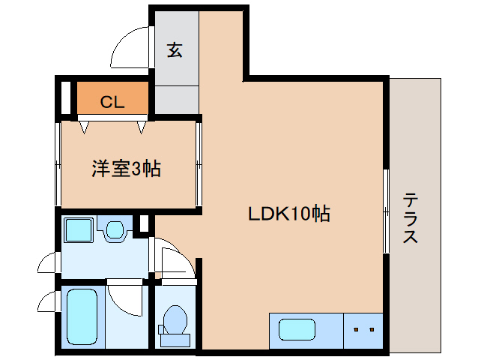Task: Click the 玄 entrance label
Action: tap(175, 50)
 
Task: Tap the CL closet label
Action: tap(112, 100)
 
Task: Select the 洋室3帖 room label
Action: tap(127, 168)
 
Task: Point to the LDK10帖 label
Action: tap(289, 214)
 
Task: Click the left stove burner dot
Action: tap(356, 328)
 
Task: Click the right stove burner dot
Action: tap(370, 328)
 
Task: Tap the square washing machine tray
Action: tap(77, 229)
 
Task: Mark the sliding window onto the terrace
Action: tap(386, 211)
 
